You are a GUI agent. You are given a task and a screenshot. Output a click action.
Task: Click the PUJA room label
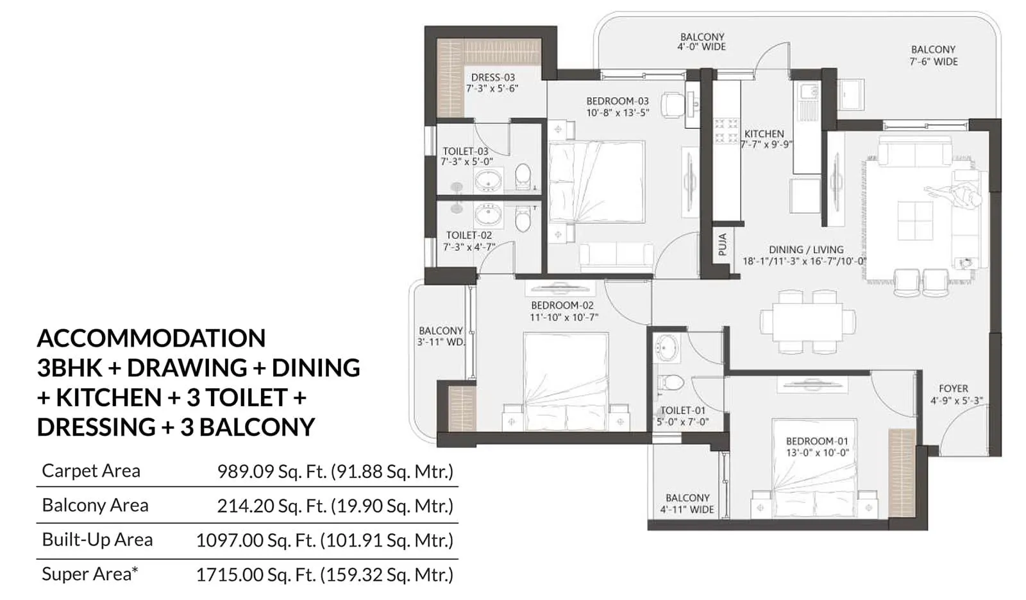point(723,244)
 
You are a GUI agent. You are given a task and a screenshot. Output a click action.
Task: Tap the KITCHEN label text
point(764,134)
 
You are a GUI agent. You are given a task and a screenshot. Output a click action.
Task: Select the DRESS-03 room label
point(492,77)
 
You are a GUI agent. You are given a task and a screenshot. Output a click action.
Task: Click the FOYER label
point(953,388)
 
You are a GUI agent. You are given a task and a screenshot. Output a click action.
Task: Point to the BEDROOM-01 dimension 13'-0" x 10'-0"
point(817,452)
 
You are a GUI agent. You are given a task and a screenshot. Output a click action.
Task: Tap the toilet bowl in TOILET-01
point(671,382)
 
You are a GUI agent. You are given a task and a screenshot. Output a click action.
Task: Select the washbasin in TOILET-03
point(489,180)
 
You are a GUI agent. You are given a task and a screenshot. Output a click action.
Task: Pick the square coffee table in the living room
point(915,220)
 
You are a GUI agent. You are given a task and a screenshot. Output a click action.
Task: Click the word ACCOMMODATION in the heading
point(151,338)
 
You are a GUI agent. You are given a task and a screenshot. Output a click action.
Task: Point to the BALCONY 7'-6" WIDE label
point(933,55)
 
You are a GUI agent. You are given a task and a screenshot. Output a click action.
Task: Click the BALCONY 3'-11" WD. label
point(441,336)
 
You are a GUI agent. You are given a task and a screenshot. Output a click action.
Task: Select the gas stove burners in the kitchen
point(726,131)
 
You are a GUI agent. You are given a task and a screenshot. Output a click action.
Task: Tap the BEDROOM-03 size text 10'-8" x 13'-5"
point(617,112)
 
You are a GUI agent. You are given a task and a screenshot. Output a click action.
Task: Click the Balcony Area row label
point(95,506)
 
